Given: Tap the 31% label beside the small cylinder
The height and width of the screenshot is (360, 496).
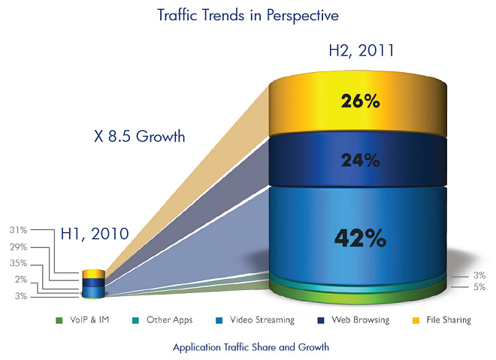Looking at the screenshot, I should click(17, 229).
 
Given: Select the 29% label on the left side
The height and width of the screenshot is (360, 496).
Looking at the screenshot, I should click(17, 247).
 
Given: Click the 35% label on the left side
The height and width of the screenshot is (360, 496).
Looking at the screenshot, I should click(17, 263).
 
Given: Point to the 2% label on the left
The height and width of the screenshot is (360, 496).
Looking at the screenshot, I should click(20, 280).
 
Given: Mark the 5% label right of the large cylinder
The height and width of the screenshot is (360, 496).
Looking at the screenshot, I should click(479, 287).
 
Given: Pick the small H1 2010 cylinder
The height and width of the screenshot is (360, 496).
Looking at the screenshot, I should click(94, 283).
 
